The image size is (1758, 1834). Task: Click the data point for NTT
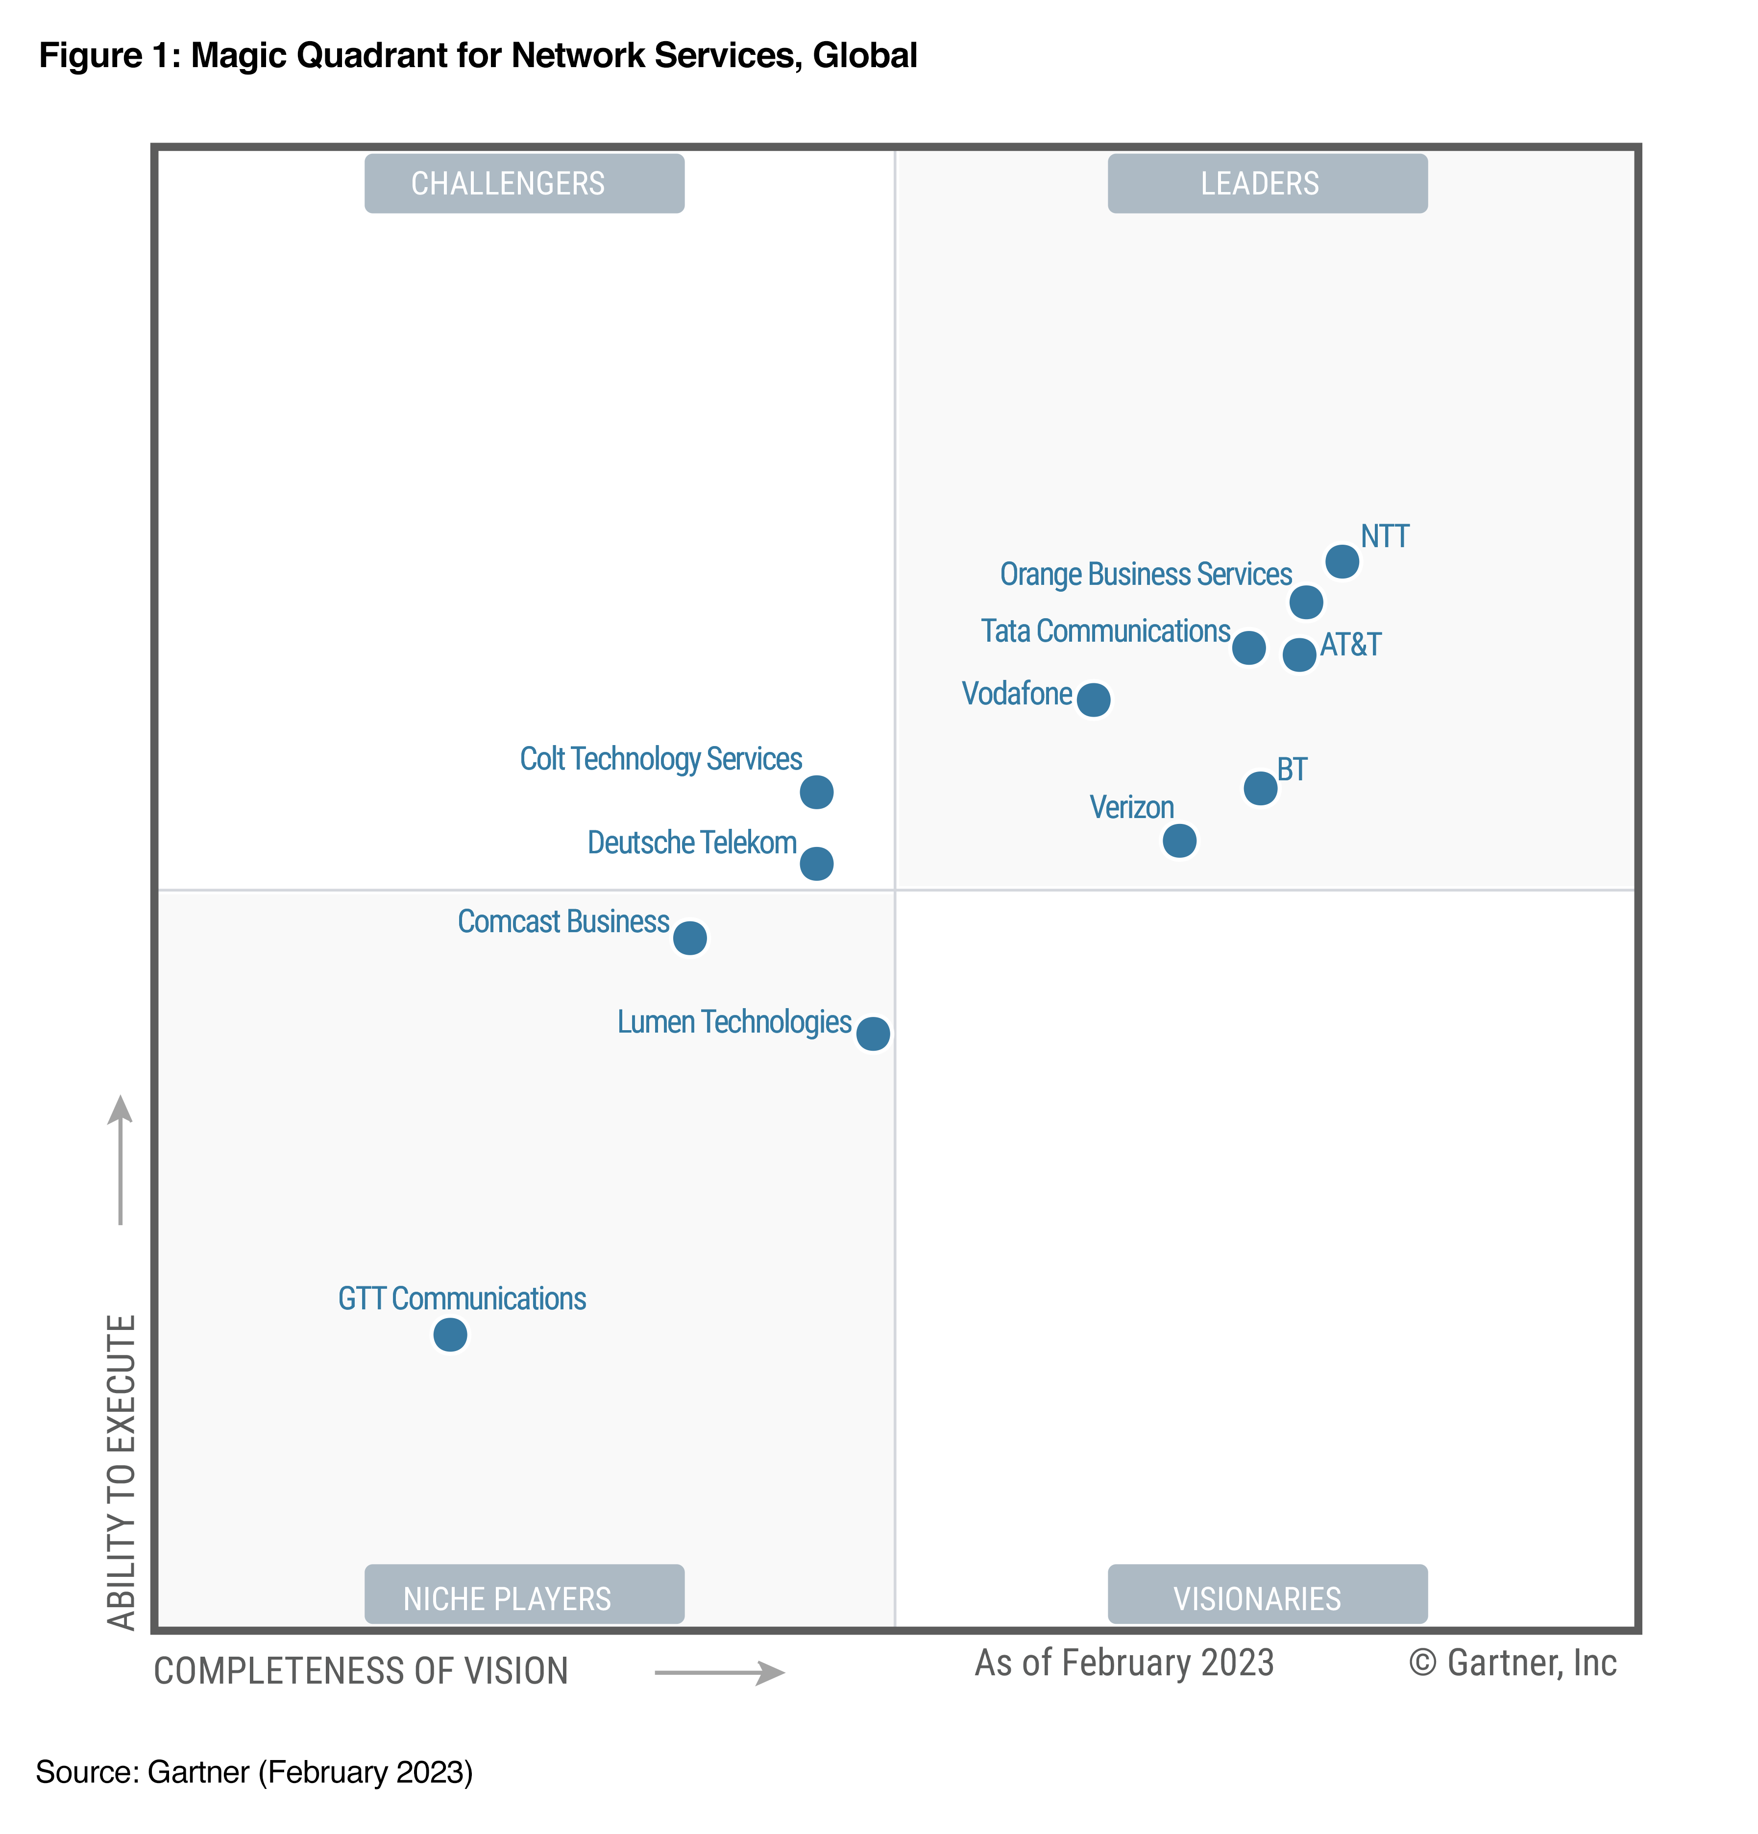coord(1342,561)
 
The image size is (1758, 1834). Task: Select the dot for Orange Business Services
coord(1306,602)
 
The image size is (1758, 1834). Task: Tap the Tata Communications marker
coord(1248,648)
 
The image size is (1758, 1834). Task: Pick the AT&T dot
coord(1298,654)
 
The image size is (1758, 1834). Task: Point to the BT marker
coord(1260,788)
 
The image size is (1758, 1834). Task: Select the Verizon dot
coord(1178,840)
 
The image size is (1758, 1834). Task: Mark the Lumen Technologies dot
coord(873,1033)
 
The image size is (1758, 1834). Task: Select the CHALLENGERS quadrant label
coord(524,183)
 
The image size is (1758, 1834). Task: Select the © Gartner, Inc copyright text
coord(1512,1663)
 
